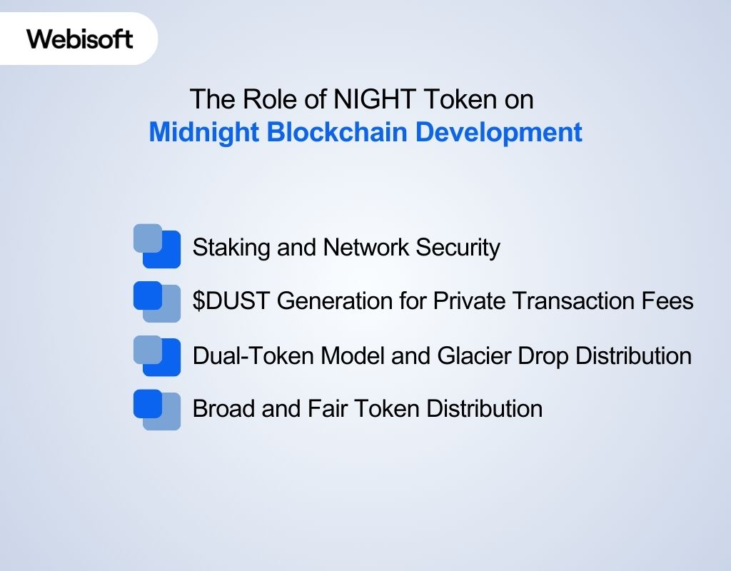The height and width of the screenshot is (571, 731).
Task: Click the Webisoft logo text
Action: click(x=80, y=39)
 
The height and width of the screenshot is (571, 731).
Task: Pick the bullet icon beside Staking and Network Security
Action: click(x=157, y=246)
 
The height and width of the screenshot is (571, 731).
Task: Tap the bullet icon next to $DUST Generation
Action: click(x=157, y=301)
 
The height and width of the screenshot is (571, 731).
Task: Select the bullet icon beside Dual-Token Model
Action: click(x=157, y=355)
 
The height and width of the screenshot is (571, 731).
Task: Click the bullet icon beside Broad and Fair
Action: click(x=157, y=409)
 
